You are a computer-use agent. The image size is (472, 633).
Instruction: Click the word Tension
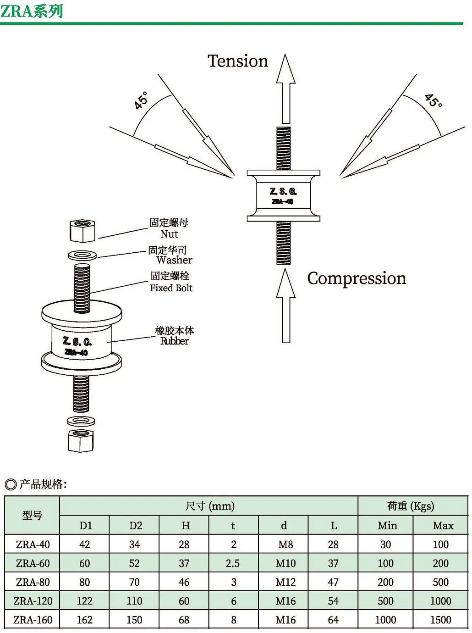[x=237, y=61]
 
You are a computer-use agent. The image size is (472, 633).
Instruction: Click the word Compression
[x=357, y=278]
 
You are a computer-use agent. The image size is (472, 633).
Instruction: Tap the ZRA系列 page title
[x=31, y=11]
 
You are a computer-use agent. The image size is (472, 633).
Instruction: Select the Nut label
[x=169, y=233]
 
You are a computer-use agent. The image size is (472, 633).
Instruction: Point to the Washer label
[x=174, y=260]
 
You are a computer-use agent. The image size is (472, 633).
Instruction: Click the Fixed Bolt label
[x=171, y=288]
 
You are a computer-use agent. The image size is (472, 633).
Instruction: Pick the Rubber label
[x=175, y=341]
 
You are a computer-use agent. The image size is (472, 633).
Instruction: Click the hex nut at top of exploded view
[x=82, y=231]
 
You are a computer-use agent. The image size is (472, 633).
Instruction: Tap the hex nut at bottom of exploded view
[x=81, y=441]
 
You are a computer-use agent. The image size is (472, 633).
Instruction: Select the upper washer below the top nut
[x=82, y=255]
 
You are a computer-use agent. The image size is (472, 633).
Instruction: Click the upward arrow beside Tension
[x=285, y=89]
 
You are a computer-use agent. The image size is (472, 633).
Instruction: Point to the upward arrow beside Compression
[x=285, y=305]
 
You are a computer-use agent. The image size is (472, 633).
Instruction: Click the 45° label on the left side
[x=141, y=100]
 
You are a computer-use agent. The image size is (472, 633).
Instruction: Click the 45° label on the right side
[x=434, y=100]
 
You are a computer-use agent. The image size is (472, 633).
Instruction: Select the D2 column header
[x=135, y=526]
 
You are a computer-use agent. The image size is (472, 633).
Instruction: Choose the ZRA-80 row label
[x=33, y=582]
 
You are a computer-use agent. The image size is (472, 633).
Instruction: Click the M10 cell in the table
[x=285, y=563]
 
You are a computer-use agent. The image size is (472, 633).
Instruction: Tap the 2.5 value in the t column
[x=233, y=563]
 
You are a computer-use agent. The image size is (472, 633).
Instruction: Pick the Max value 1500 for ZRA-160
[x=441, y=620]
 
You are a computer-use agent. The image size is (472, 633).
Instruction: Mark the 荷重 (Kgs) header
[x=411, y=506]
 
